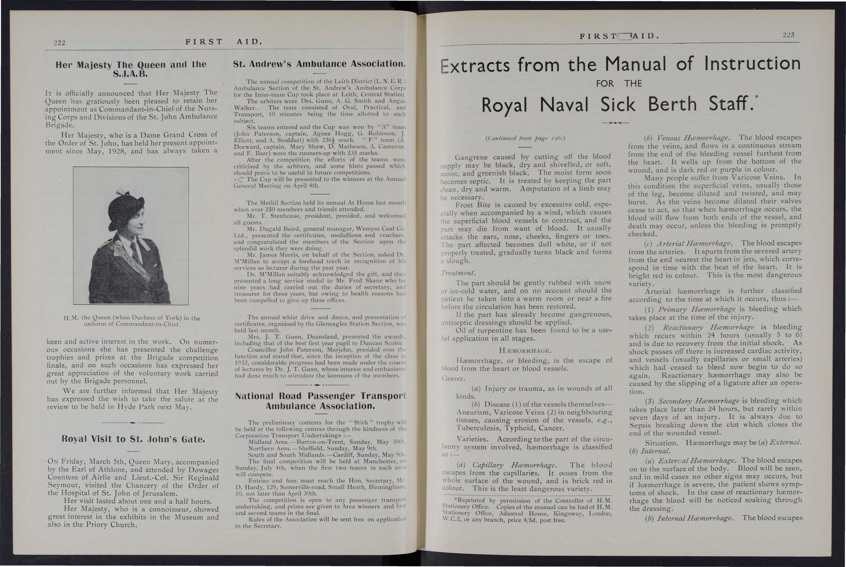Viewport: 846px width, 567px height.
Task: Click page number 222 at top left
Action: coord(59,43)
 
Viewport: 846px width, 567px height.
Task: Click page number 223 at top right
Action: coord(789,35)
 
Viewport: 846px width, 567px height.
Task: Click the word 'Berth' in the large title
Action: coord(672,104)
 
